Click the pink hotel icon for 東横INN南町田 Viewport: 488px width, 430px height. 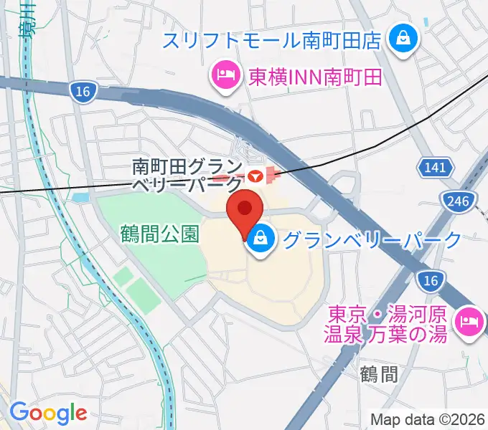pyautogui.click(x=225, y=75)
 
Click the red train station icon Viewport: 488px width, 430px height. pyautogui.click(x=253, y=175)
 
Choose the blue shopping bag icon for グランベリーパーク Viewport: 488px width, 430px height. pyautogui.click(x=260, y=241)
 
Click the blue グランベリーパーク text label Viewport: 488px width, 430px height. pyautogui.click(x=372, y=240)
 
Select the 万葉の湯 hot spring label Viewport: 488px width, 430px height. pyautogui.click(x=388, y=324)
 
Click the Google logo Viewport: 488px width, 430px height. pyautogui.click(x=48, y=413)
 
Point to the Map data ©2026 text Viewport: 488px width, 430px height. pyautogui.click(x=427, y=419)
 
